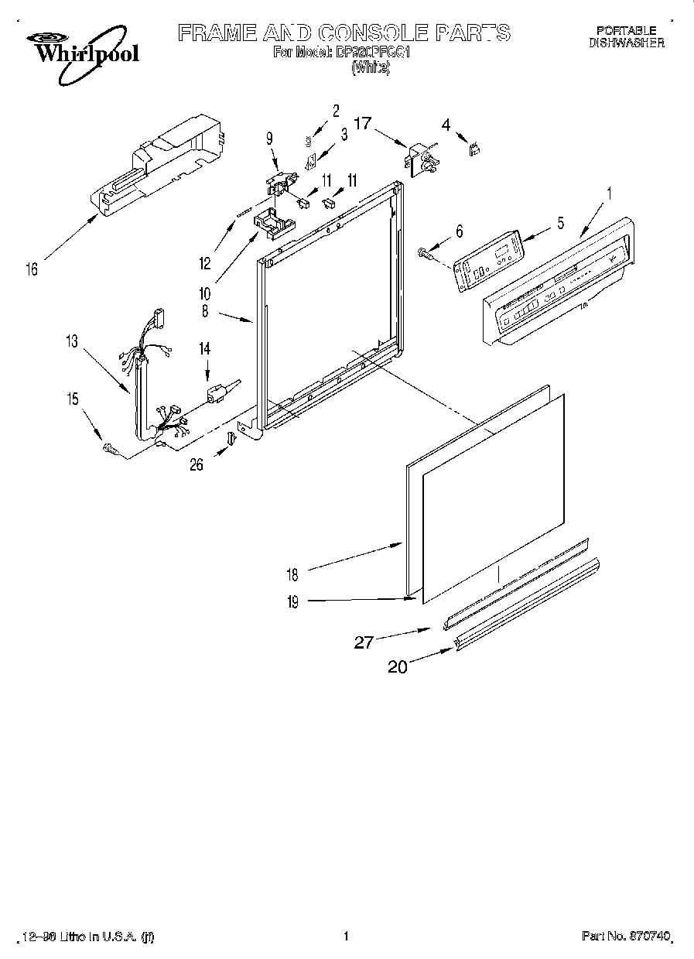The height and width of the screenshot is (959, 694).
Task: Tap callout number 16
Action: [x=32, y=269]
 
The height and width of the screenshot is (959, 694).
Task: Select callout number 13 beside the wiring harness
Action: [x=72, y=341]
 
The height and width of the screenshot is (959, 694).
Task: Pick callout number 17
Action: [x=363, y=122]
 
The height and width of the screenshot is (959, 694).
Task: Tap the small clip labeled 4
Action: [x=471, y=149]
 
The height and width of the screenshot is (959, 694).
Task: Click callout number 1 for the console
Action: [x=608, y=194]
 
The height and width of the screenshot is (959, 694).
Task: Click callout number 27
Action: [x=364, y=642]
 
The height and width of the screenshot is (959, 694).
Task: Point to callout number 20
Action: [x=397, y=666]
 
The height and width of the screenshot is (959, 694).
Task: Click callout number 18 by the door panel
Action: [x=292, y=574]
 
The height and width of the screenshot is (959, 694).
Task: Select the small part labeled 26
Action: [x=230, y=440]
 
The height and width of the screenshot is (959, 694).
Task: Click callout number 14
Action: [x=205, y=349]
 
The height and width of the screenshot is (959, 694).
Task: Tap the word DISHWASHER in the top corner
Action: [x=626, y=44]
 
